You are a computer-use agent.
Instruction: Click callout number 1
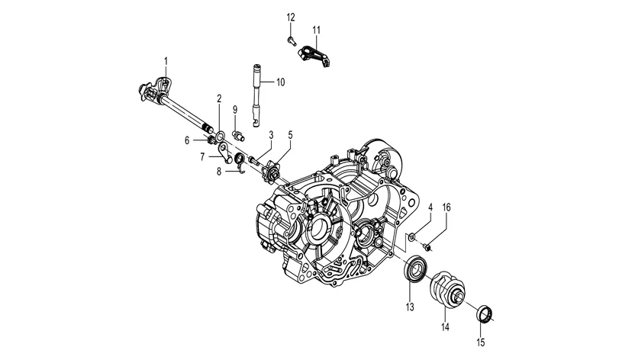click(x=166, y=59)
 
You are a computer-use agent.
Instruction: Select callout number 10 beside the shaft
click(x=280, y=82)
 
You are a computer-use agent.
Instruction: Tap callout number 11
click(x=316, y=30)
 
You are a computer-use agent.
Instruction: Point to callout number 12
click(x=290, y=17)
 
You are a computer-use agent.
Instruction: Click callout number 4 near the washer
click(x=430, y=207)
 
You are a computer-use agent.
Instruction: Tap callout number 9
click(x=235, y=109)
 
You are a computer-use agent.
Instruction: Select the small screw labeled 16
click(x=427, y=244)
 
